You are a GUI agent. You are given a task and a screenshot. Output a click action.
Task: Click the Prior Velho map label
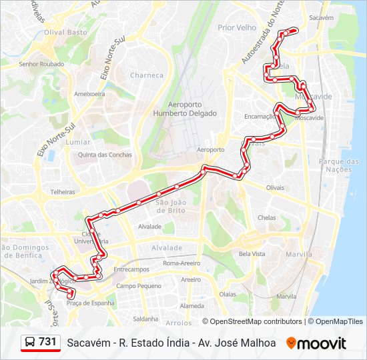coord(237,27)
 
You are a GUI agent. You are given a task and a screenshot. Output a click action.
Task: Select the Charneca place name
coord(147,75)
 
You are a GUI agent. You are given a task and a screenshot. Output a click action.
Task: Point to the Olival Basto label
coord(65,32)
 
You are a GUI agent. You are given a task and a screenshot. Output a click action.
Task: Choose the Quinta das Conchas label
coord(105,155)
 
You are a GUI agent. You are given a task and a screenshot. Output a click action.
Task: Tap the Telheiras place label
coord(54,191)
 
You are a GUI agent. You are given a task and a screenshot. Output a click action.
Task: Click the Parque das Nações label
coord(339,165)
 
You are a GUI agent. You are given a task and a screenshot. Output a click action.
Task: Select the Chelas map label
coord(267,217)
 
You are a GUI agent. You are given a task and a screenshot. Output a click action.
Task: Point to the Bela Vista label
coord(252,254)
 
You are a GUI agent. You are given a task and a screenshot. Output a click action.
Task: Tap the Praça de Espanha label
coord(90,303)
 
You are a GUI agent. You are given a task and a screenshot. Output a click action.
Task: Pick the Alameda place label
coord(192,306)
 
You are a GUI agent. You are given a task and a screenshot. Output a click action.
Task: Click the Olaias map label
coord(228,293)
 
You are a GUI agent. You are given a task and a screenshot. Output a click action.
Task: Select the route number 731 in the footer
coord(47,342)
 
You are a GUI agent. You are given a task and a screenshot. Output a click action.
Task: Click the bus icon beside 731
coord(30,342)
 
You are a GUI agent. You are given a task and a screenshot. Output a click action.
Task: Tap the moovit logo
coord(316,343)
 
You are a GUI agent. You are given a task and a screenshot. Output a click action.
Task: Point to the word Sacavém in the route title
coord(88,343)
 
